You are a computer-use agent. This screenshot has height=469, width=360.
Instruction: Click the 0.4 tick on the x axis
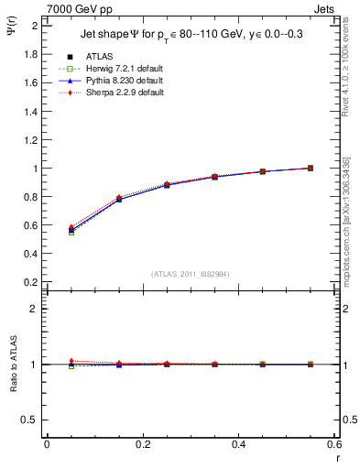pyautogui.click(x=238, y=444)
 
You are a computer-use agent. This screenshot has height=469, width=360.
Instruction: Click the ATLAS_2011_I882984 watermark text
pyautogui.click(x=191, y=274)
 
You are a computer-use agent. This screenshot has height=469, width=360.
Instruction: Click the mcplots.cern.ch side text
pyautogui.click(x=349, y=220)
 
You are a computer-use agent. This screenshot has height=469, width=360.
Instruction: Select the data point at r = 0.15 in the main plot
pyautogui.click(x=119, y=198)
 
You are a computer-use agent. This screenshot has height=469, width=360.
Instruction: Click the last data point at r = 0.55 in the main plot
pyautogui.click(x=311, y=168)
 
